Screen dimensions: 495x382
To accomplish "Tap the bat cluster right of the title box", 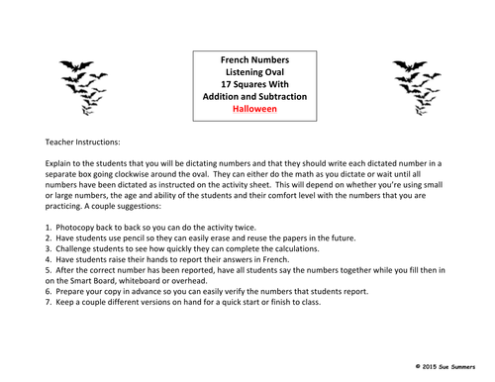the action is [x=413, y=82].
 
